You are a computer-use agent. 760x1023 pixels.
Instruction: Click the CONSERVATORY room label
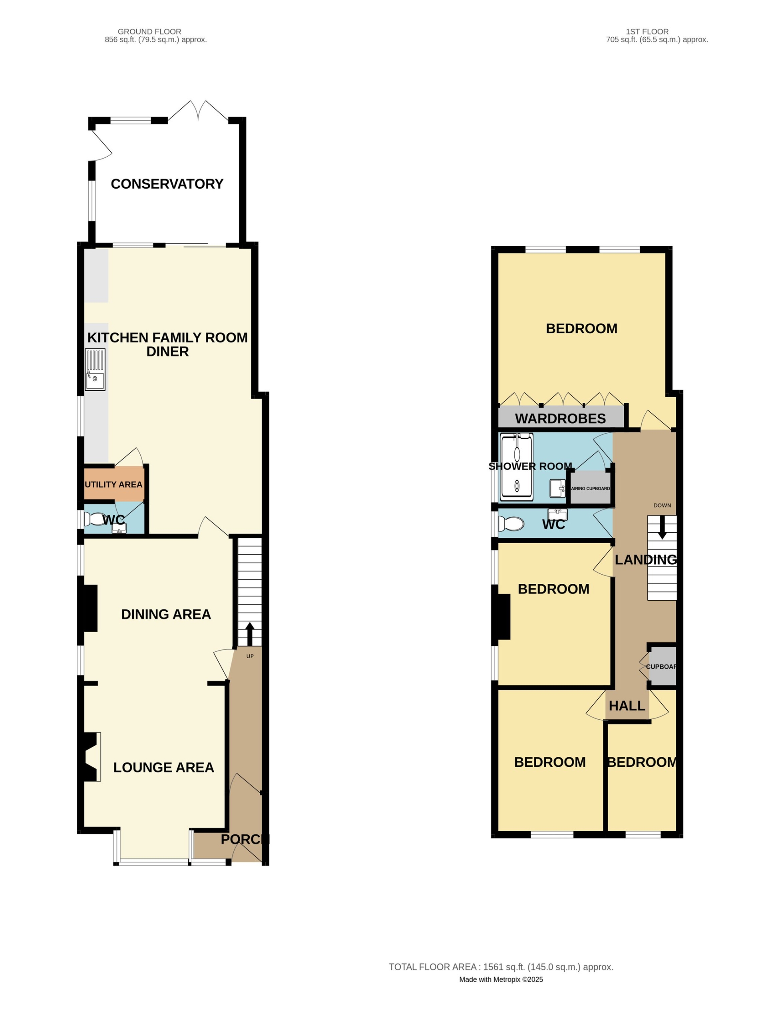point(167,184)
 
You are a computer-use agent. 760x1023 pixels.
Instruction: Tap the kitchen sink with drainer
point(95,369)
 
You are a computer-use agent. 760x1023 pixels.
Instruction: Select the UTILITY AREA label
point(113,484)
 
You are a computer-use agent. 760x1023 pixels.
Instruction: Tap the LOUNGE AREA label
point(164,767)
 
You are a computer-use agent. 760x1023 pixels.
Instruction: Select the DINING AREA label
point(166,614)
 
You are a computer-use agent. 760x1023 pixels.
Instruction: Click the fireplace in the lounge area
point(91,757)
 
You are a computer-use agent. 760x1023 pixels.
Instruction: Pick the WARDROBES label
point(560,418)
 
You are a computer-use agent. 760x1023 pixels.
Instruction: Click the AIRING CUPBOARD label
point(591,488)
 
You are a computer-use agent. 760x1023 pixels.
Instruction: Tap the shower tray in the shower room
point(517,467)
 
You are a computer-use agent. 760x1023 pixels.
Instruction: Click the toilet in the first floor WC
point(511,524)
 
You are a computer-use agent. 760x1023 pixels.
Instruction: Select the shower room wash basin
point(557,488)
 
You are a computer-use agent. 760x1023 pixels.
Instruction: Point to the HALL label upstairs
point(627,706)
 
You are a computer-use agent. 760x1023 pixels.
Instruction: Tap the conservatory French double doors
point(198,111)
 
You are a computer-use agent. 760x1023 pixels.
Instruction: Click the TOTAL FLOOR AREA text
point(501,967)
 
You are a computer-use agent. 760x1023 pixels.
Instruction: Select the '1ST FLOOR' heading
point(647,32)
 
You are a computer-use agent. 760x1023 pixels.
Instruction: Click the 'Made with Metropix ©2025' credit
point(501,979)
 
